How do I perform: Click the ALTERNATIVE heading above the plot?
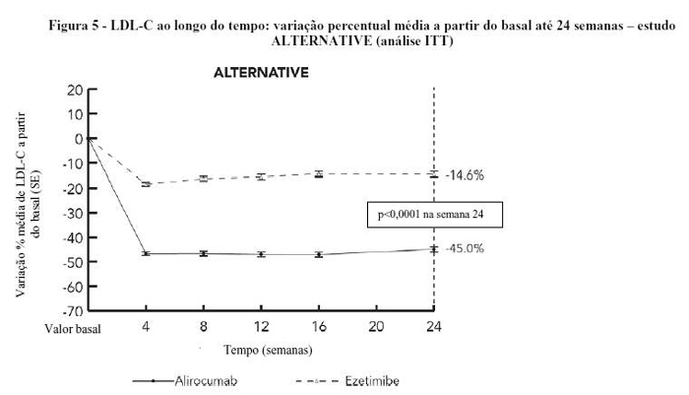tap(261, 73)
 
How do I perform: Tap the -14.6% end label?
tap(464, 174)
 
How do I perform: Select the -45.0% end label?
tap(464, 248)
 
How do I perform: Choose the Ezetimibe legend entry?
tap(371, 379)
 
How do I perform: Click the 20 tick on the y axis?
tap(74, 90)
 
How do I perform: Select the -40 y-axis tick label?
tap(72, 237)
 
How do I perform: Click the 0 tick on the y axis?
tap(78, 139)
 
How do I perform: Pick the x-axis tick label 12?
tap(261, 325)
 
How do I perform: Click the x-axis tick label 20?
tap(375, 325)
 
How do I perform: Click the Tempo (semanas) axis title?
tap(268, 349)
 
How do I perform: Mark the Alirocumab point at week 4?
tap(146, 253)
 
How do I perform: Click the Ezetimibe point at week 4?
tap(146, 184)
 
